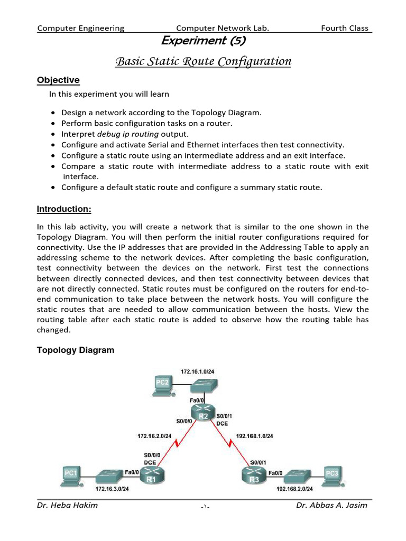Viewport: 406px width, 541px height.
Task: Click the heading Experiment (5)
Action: pyautogui.click(x=203, y=41)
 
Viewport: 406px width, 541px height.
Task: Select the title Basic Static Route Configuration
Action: pyautogui.click(x=203, y=62)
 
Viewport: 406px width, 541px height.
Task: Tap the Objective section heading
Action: pyautogui.click(x=58, y=80)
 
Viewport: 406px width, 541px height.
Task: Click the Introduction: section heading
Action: pyautogui.click(x=64, y=209)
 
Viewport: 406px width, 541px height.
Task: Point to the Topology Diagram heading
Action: pyautogui.click(x=75, y=350)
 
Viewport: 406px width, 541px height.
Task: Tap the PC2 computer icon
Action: pyautogui.click(x=163, y=385)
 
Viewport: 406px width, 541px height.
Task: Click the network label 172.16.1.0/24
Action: pyautogui.click(x=198, y=372)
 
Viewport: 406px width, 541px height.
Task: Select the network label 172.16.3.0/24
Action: pyautogui.click(x=112, y=489)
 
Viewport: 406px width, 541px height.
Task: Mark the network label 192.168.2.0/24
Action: pyautogui.click(x=294, y=489)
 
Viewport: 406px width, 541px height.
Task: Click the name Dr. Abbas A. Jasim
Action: pyautogui.click(x=331, y=506)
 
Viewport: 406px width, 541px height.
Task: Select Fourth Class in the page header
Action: pyautogui.click(x=344, y=28)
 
